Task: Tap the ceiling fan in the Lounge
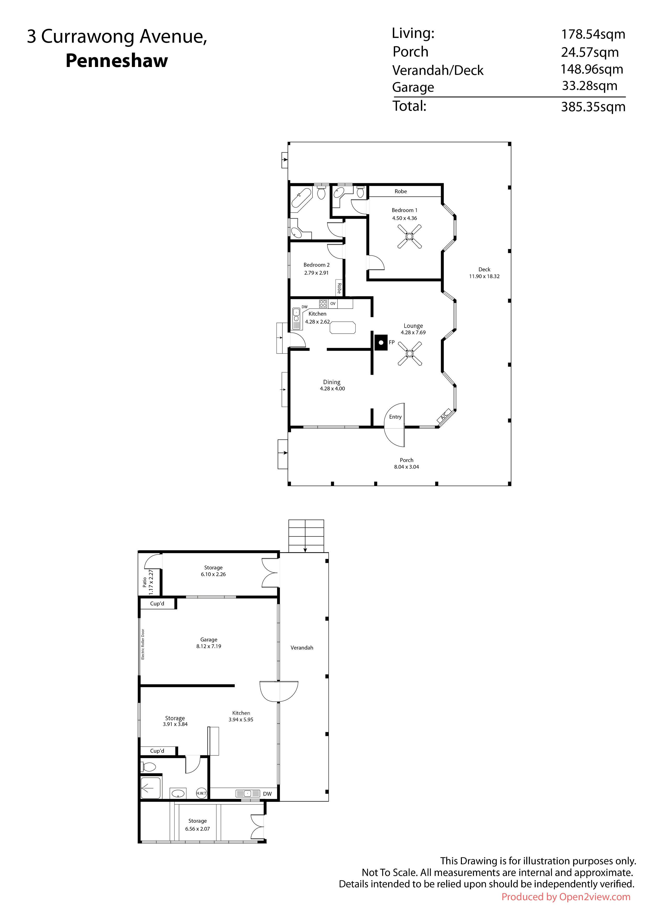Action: coord(410,354)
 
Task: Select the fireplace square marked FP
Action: coord(381,343)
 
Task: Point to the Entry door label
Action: coord(395,417)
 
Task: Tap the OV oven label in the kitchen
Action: coord(333,304)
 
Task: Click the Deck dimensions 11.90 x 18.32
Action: coord(484,276)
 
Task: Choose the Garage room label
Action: coord(209,639)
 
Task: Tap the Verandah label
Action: coord(302,647)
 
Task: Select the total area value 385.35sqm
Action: coord(593,107)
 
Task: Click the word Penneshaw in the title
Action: coord(117,61)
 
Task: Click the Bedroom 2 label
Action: coord(316,265)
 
